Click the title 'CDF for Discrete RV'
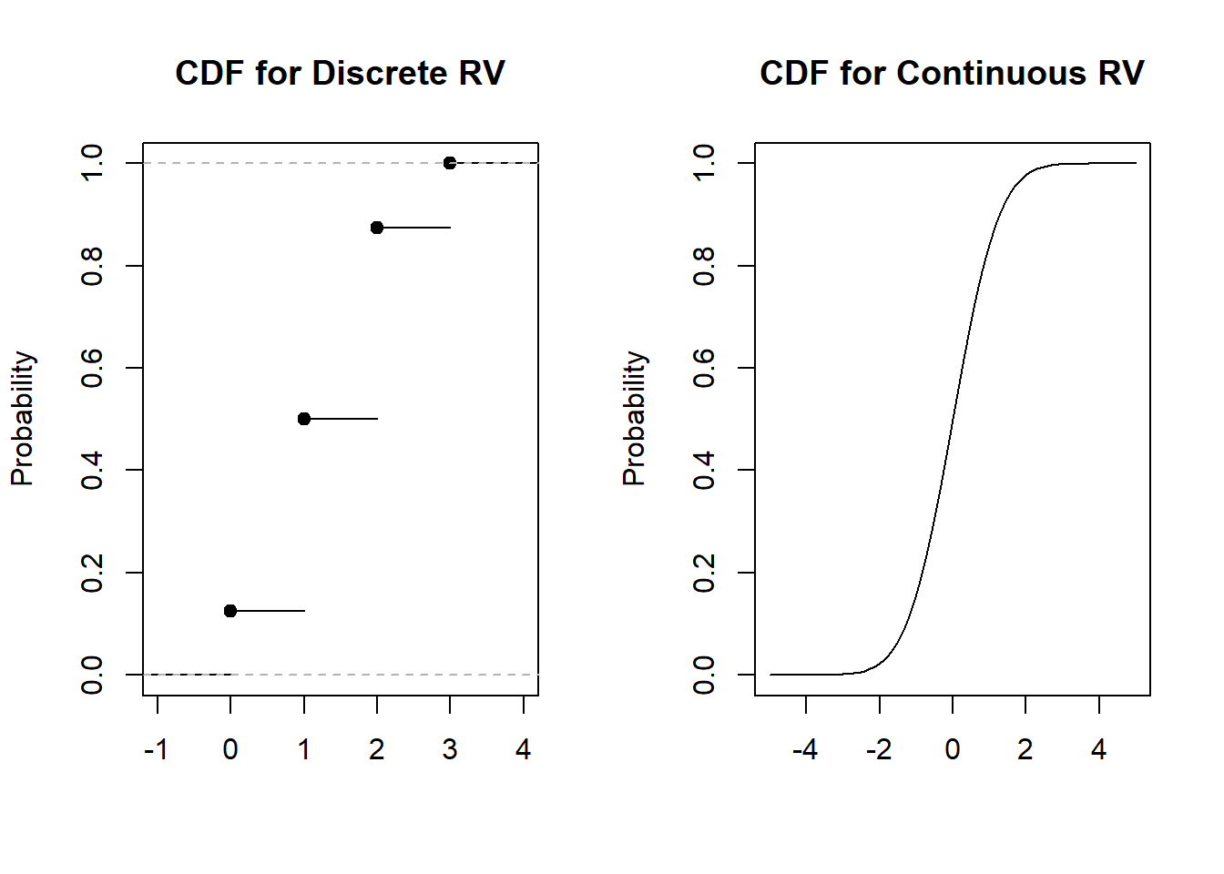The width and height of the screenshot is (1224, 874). click(x=340, y=74)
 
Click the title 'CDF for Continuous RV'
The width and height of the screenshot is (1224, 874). click(x=952, y=74)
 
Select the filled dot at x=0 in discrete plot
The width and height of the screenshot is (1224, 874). click(x=230, y=611)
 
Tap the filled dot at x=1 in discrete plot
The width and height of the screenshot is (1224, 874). click(x=304, y=419)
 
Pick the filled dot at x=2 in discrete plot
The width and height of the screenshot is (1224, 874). click(x=377, y=228)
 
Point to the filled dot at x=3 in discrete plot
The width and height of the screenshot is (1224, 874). click(x=450, y=163)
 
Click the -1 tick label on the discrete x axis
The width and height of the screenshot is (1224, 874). click(x=157, y=749)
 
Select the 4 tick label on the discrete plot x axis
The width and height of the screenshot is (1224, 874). click(x=523, y=749)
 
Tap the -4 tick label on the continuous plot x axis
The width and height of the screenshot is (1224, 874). click(x=805, y=749)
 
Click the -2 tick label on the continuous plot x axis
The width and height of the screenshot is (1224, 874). click(x=879, y=749)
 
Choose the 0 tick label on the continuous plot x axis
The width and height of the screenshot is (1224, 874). click(x=952, y=749)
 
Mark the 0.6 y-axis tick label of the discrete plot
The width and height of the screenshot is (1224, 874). click(x=92, y=368)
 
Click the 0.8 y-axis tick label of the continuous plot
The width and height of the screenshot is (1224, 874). click(x=704, y=266)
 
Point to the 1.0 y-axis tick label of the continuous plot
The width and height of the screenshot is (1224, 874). click(x=704, y=163)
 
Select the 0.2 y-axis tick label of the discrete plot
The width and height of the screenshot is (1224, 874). click(x=92, y=573)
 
